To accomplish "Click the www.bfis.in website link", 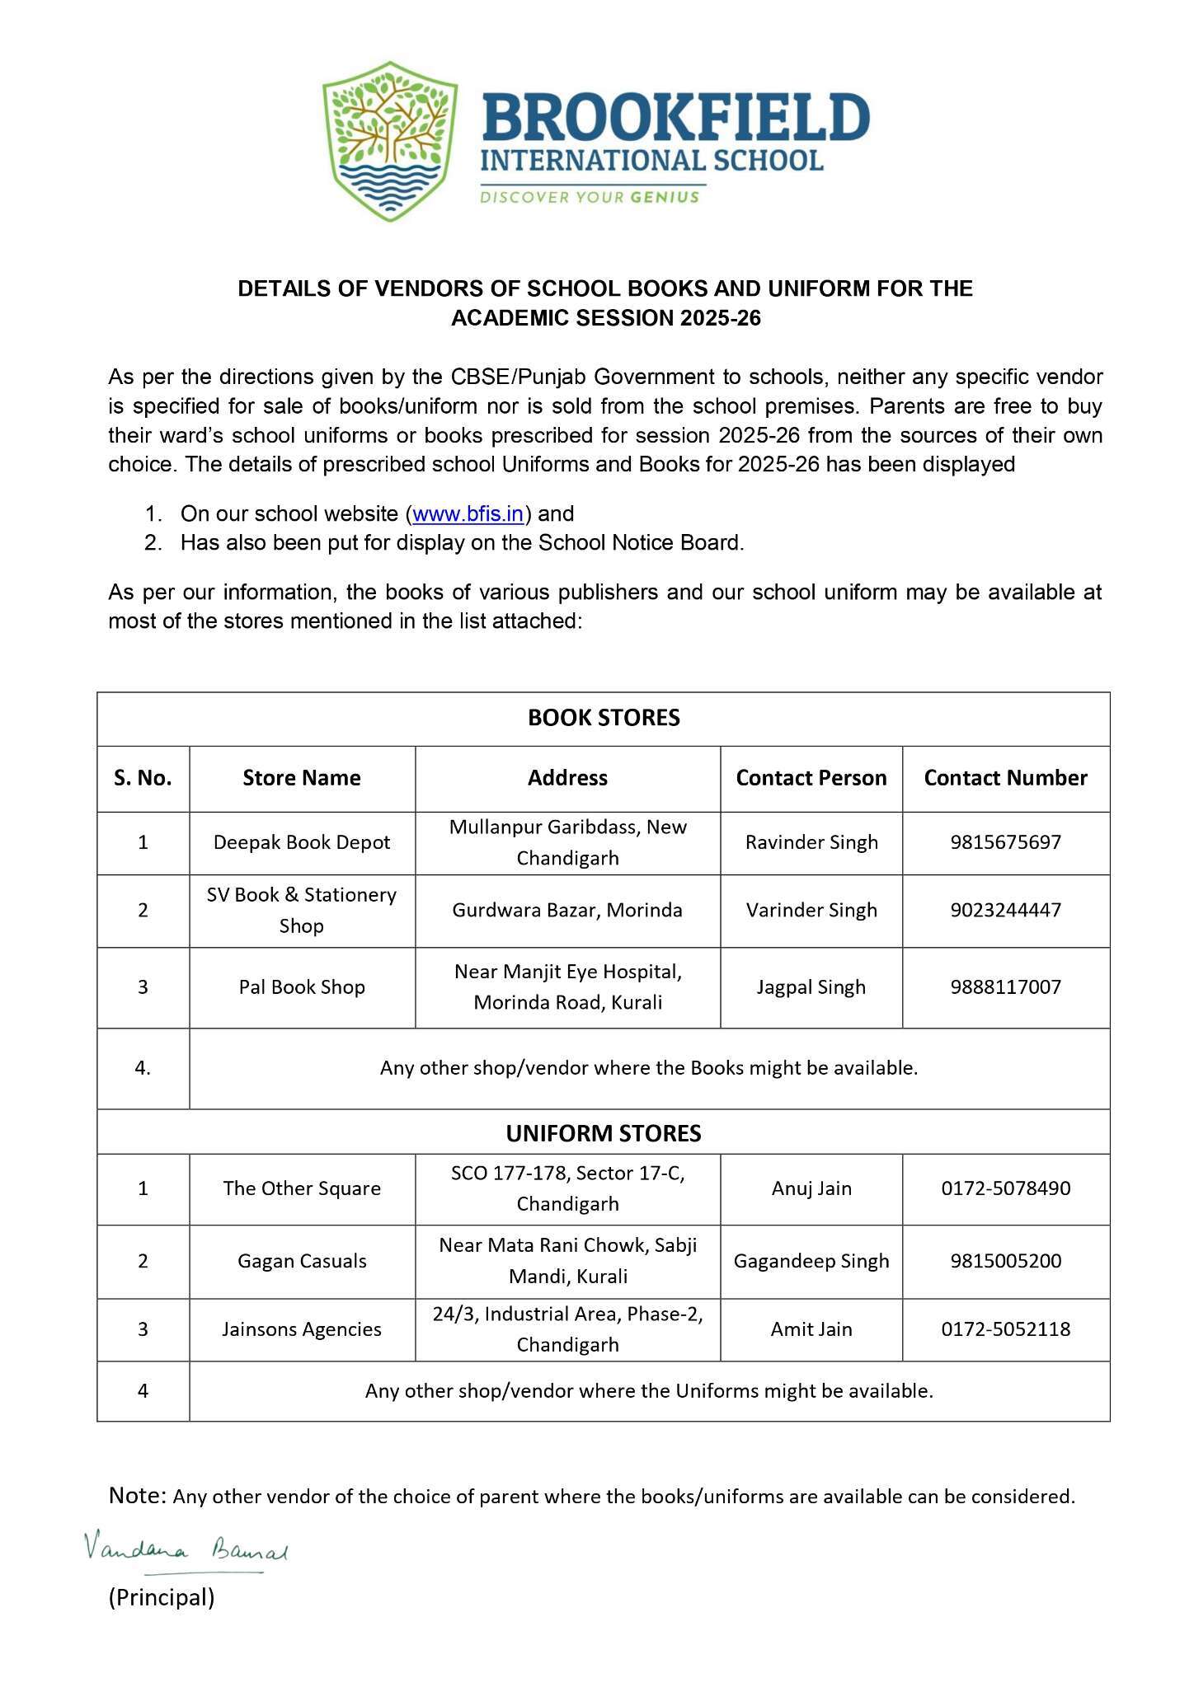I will point(468,514).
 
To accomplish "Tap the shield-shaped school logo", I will point(390,140).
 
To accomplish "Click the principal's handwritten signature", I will point(186,1551).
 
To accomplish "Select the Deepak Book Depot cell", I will point(302,842).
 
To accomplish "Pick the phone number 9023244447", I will point(1005,910).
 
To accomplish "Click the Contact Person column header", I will point(811,778).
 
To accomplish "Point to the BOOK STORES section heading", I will point(604,718).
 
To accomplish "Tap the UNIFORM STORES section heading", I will point(604,1133).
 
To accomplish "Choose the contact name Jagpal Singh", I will point(811,987).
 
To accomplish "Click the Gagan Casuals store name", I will point(302,1261).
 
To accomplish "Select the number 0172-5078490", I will point(1005,1188).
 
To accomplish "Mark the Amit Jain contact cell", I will point(811,1329).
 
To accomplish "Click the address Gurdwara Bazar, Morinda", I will point(567,910).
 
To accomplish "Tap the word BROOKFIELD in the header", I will point(675,118).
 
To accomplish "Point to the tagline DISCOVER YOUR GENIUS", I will point(590,198).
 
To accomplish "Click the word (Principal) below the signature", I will point(162,1597).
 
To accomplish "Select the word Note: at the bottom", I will point(138,1495).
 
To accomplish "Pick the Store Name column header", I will point(302,778).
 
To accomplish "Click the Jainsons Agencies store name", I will point(302,1329).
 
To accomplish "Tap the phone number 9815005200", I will point(1005,1261).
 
